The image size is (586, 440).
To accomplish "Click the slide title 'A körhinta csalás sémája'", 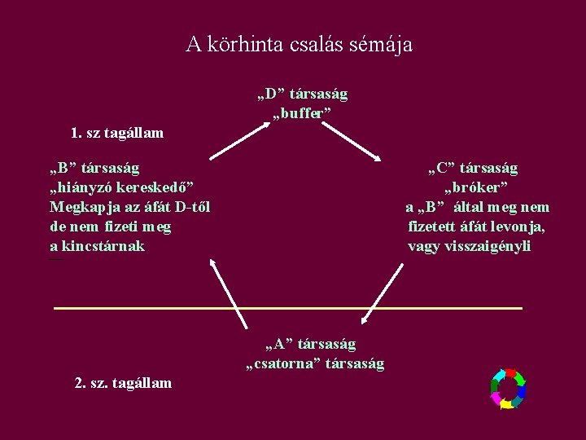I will (299, 44).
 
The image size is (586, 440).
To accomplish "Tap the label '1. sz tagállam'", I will (117, 133).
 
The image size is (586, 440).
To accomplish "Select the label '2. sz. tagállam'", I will (123, 383).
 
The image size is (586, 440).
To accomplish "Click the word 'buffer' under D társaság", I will (302, 113).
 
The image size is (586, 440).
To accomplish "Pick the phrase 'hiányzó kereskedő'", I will (121, 187).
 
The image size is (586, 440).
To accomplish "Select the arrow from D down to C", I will (353, 142).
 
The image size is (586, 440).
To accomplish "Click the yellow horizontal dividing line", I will (287, 309).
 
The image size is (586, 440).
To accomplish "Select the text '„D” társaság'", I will (302, 95).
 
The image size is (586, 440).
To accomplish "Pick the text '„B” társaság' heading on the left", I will (94, 169).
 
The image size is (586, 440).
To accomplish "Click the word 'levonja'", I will (516, 227).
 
